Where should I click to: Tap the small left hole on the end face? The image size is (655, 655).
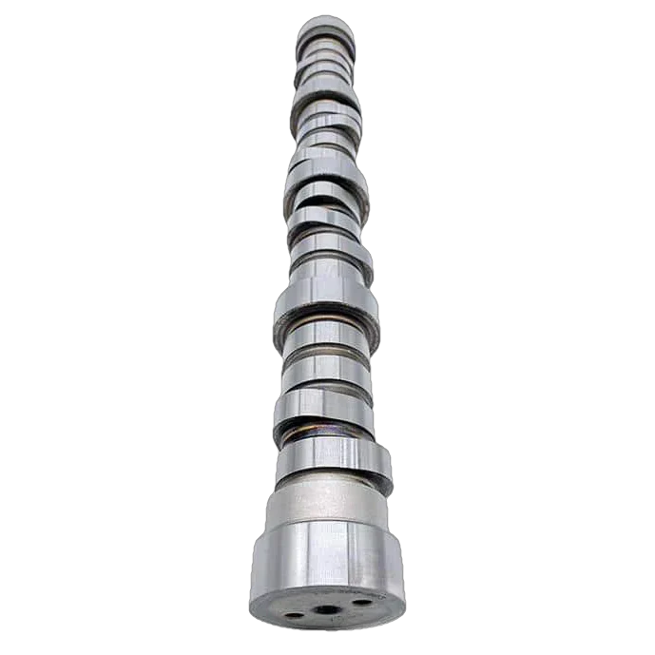coord(294,614)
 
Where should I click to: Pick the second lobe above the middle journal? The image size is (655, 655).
coord(323,223)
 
